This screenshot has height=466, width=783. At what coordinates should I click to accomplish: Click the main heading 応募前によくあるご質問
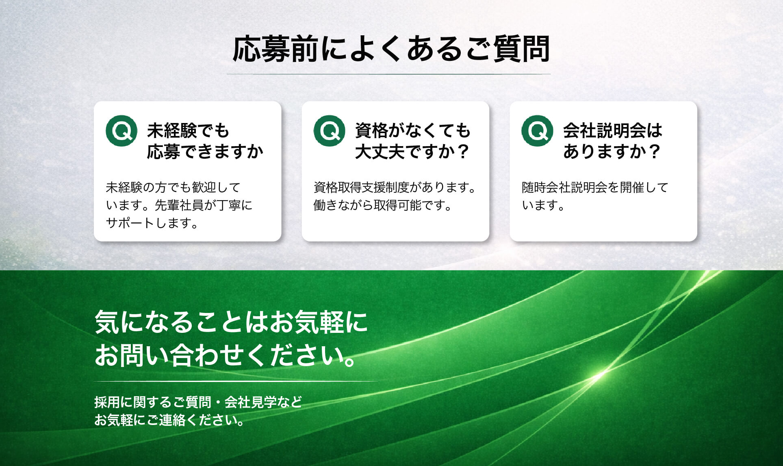point(391,50)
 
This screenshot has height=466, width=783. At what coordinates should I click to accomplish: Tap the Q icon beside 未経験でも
point(121,131)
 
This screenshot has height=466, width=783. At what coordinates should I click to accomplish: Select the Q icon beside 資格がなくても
point(329,131)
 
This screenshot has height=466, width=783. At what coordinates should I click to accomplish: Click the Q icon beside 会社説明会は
point(537,131)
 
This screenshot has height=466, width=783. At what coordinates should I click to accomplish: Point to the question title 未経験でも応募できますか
point(205,141)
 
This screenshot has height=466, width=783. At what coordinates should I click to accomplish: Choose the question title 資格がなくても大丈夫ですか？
point(413,141)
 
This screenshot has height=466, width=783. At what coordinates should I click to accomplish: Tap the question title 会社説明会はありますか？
point(613,141)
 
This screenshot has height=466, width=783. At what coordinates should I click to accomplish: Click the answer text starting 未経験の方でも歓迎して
point(179,205)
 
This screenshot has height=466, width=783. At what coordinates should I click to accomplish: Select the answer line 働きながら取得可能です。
point(382,205)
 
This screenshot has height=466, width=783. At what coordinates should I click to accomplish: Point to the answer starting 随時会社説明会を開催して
point(595,196)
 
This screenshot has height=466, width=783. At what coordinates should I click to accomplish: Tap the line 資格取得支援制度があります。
point(395,188)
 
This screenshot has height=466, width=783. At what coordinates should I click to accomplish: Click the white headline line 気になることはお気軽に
point(231,322)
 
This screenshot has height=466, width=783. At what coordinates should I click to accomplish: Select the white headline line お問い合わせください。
point(225,355)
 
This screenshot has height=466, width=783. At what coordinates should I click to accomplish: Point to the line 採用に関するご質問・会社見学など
point(198,402)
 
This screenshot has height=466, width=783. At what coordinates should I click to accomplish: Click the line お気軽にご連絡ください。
point(169,420)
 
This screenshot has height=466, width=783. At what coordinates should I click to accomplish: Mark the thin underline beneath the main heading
point(388,74)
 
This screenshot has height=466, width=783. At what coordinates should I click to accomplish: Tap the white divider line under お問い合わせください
point(236,382)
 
